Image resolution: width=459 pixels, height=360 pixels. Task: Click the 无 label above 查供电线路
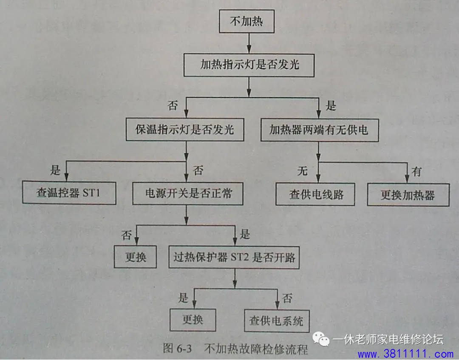coord(303,170)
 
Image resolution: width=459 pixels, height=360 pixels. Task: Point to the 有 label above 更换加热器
coord(416,172)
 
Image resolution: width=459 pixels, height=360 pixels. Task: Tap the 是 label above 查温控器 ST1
coord(55,170)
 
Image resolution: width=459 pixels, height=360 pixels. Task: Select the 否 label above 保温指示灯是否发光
coord(173,105)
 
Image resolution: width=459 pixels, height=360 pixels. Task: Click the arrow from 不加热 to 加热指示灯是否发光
coord(249,43)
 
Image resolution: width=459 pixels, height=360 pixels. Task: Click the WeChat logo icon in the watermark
coord(321,339)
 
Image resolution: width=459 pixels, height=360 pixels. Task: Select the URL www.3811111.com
coord(405,354)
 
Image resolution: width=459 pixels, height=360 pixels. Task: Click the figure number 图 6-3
coord(177,348)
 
